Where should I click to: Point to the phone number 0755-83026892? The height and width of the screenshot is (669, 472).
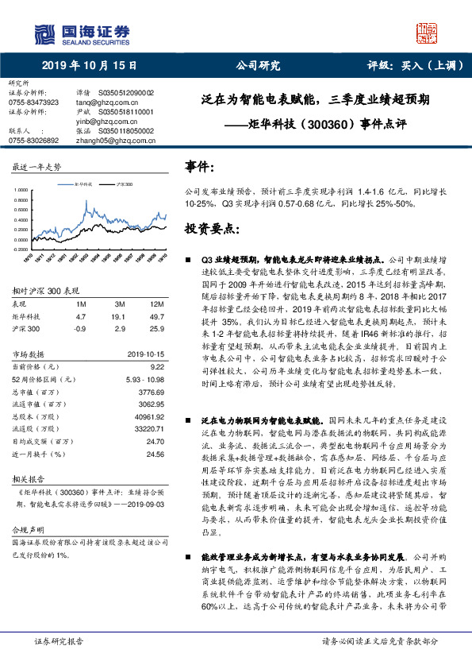tap(33, 140)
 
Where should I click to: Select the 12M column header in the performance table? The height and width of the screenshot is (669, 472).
tap(156, 304)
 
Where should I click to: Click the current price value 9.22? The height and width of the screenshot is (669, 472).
tap(156, 367)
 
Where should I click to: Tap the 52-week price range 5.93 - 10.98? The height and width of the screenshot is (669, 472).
tap(144, 379)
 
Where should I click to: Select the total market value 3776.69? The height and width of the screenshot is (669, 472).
tap(151, 391)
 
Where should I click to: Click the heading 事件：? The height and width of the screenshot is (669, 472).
tap(199, 167)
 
